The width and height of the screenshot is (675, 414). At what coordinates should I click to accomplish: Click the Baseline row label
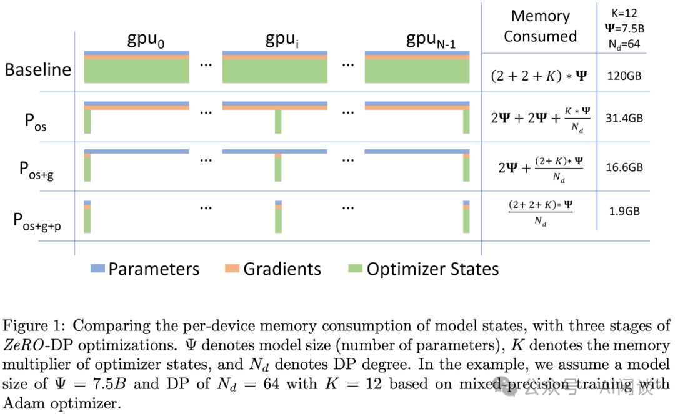pos(37,69)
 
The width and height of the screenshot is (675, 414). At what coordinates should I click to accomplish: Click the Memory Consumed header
pos(540,26)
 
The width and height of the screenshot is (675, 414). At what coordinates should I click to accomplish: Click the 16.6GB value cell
pos(625,167)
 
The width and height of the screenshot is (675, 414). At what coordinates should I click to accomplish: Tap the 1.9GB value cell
pos(625,211)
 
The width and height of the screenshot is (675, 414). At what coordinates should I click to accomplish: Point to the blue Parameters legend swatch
pos(97,269)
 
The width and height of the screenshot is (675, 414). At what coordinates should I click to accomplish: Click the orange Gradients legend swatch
pos(231,269)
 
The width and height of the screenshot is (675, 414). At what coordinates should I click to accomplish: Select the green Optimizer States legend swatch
pos(354,269)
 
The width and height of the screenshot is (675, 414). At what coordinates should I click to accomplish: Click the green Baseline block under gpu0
pos(136,71)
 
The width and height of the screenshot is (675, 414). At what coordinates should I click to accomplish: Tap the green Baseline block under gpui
pos(275,71)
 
